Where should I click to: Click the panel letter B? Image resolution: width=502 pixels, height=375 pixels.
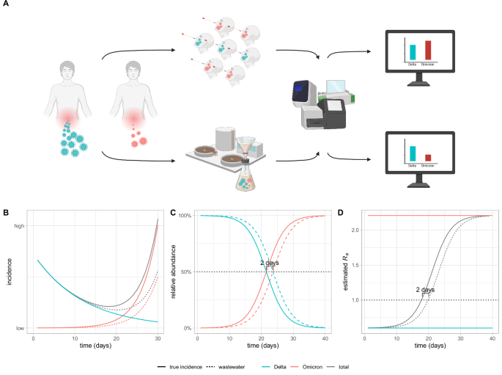click(x=5, y=213)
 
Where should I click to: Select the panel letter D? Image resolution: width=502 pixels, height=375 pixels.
click(x=339, y=213)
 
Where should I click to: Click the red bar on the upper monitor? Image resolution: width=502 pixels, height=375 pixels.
click(x=429, y=49)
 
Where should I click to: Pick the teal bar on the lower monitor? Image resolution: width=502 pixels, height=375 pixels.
click(x=411, y=153)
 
